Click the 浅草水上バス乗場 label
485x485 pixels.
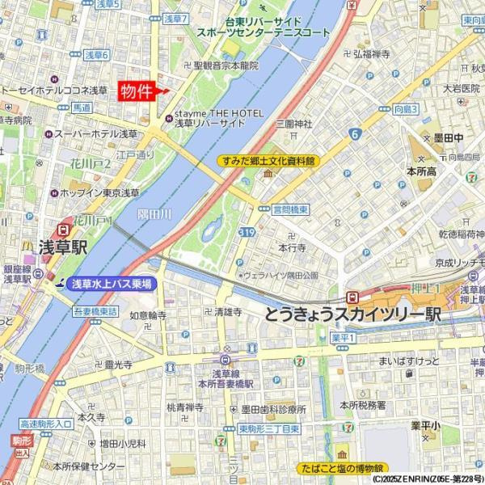pos(109,284)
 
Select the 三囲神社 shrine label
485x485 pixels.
pos(293,124)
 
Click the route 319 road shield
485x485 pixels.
pos(247,233)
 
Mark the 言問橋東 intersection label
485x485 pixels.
pos(290,209)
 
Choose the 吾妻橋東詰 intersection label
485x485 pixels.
pos(95,310)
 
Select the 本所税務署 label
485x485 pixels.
pos(362,404)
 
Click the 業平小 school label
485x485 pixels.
pos(424,424)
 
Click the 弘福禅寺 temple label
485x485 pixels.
pos(373,53)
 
